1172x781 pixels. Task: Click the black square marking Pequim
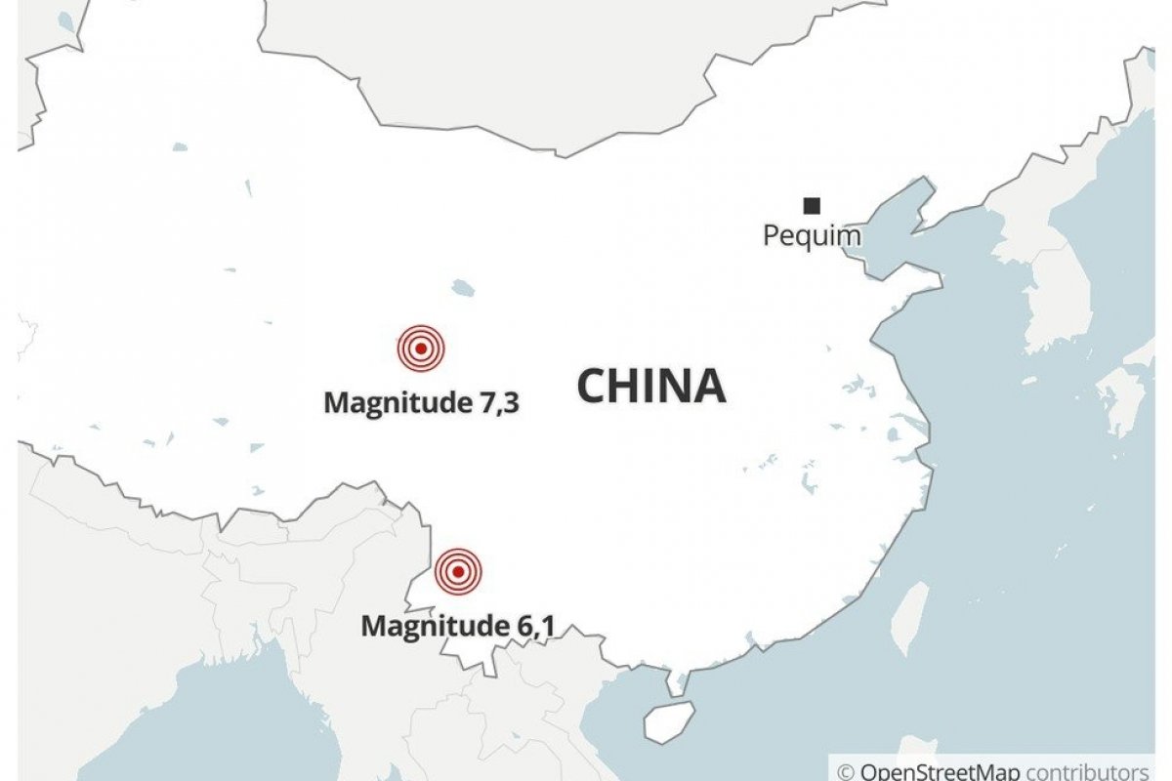(x=812, y=205)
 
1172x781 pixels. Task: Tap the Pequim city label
(x=812, y=236)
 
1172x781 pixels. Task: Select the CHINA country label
(x=651, y=386)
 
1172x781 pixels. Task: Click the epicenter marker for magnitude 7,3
(x=421, y=348)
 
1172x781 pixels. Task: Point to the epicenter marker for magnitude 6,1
(x=458, y=571)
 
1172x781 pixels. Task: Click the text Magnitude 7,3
(x=420, y=402)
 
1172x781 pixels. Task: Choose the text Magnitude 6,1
(x=458, y=626)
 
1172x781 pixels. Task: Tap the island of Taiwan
(x=911, y=618)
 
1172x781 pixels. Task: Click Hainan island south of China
(x=668, y=721)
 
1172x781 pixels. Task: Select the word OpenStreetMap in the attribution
(x=941, y=771)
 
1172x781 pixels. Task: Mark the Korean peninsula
(x=1050, y=293)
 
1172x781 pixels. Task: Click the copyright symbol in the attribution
(x=846, y=771)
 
